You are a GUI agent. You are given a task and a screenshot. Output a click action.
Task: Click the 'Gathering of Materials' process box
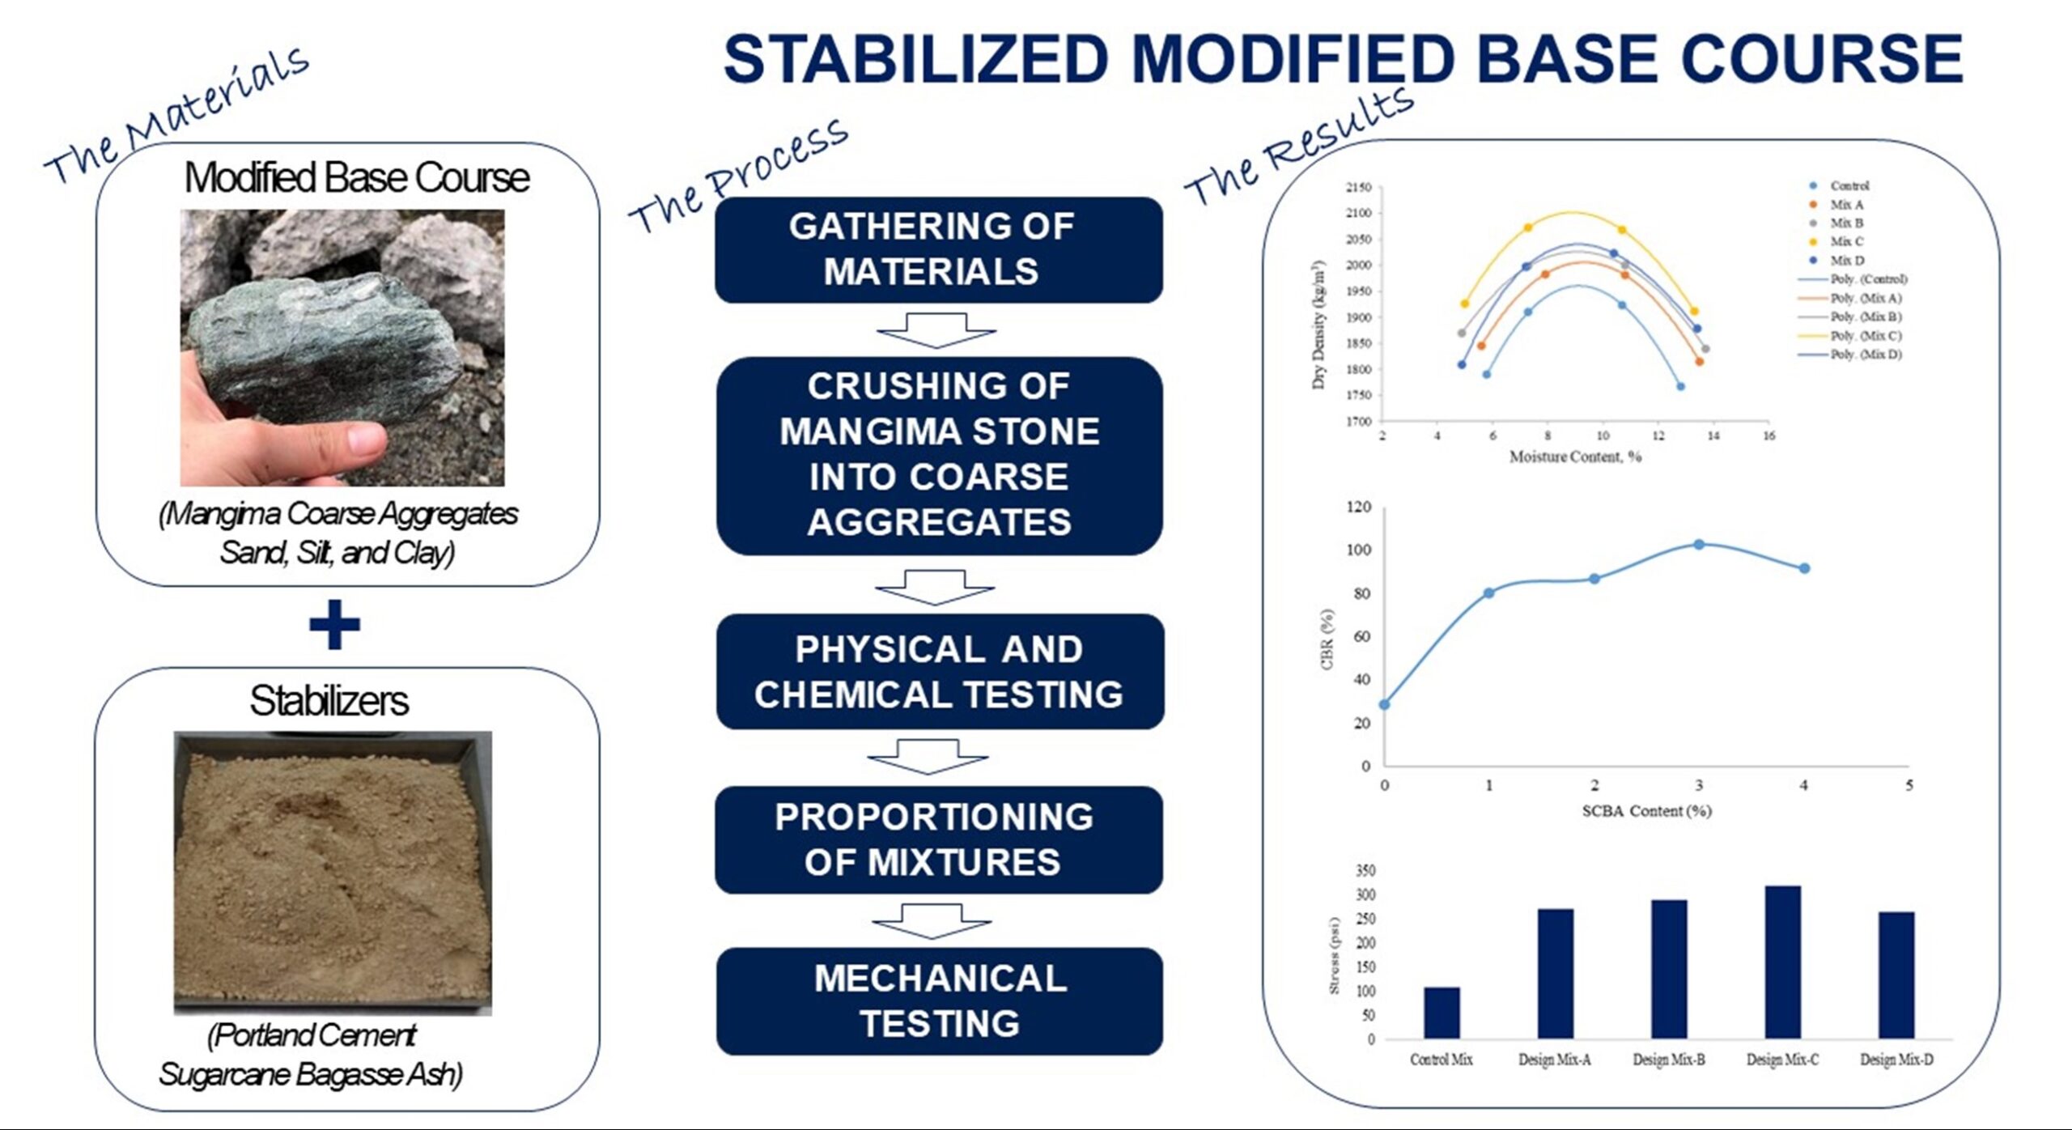coord(939,249)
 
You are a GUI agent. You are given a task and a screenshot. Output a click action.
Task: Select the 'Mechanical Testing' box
coord(940,1001)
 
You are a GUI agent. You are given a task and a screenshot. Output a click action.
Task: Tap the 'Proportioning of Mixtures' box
coord(939,839)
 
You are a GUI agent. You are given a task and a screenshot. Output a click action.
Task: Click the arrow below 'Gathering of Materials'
coord(936,330)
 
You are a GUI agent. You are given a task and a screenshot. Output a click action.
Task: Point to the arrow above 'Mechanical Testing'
coord(932,921)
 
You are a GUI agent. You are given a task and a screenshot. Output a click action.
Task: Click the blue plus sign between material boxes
coord(334,624)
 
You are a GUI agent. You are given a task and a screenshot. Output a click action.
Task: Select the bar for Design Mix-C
coord(1782,962)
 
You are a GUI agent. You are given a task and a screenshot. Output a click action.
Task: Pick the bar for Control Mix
coord(1441,1013)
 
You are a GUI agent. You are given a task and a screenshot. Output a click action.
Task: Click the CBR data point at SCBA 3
coord(1699,545)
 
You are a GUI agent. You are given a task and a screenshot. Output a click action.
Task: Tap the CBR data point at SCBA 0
coord(1384,704)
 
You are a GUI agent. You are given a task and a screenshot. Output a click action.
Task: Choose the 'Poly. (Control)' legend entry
coord(1852,279)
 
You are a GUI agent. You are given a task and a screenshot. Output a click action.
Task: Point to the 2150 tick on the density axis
coord(1359,187)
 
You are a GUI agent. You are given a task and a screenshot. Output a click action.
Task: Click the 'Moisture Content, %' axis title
coord(1575,457)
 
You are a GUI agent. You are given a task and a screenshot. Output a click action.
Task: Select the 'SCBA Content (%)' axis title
coord(1646,810)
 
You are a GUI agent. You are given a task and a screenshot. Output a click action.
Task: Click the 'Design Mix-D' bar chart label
coord(1896,1060)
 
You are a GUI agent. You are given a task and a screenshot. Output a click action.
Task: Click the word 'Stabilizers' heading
coord(329,700)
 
